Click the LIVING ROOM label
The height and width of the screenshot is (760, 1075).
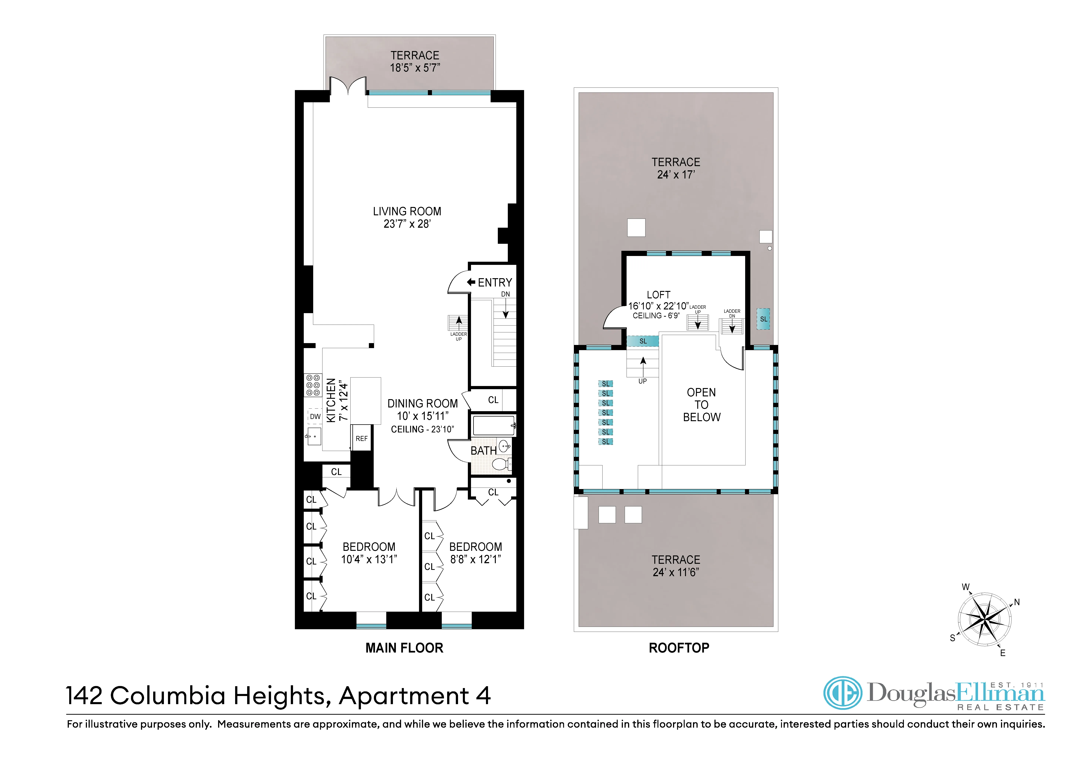coord(407,212)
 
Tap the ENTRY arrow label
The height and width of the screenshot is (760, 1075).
coord(490,283)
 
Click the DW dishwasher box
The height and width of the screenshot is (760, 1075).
coord(315,417)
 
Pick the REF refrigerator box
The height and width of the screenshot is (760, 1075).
coord(361,439)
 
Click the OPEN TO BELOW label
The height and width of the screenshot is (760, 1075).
coord(701,405)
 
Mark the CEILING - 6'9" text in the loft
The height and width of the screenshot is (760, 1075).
coord(655,316)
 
